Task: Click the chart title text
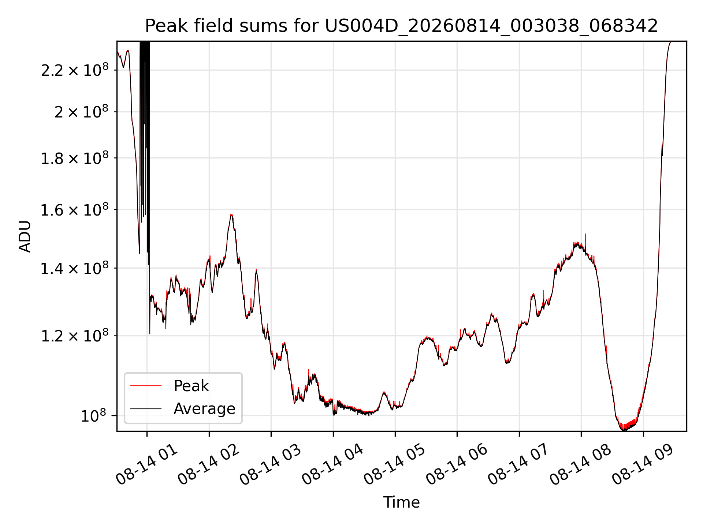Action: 401,26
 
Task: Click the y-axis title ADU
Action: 25,236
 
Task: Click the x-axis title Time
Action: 401,502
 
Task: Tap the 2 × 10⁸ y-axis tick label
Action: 82,111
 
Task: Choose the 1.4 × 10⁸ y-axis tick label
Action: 75,268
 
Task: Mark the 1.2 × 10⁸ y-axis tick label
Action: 75,335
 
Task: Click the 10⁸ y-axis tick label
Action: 93,415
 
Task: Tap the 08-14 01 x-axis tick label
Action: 146,465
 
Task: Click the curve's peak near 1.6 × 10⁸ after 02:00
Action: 231,215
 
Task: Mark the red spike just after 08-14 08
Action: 586,242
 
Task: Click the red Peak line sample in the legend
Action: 146,386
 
